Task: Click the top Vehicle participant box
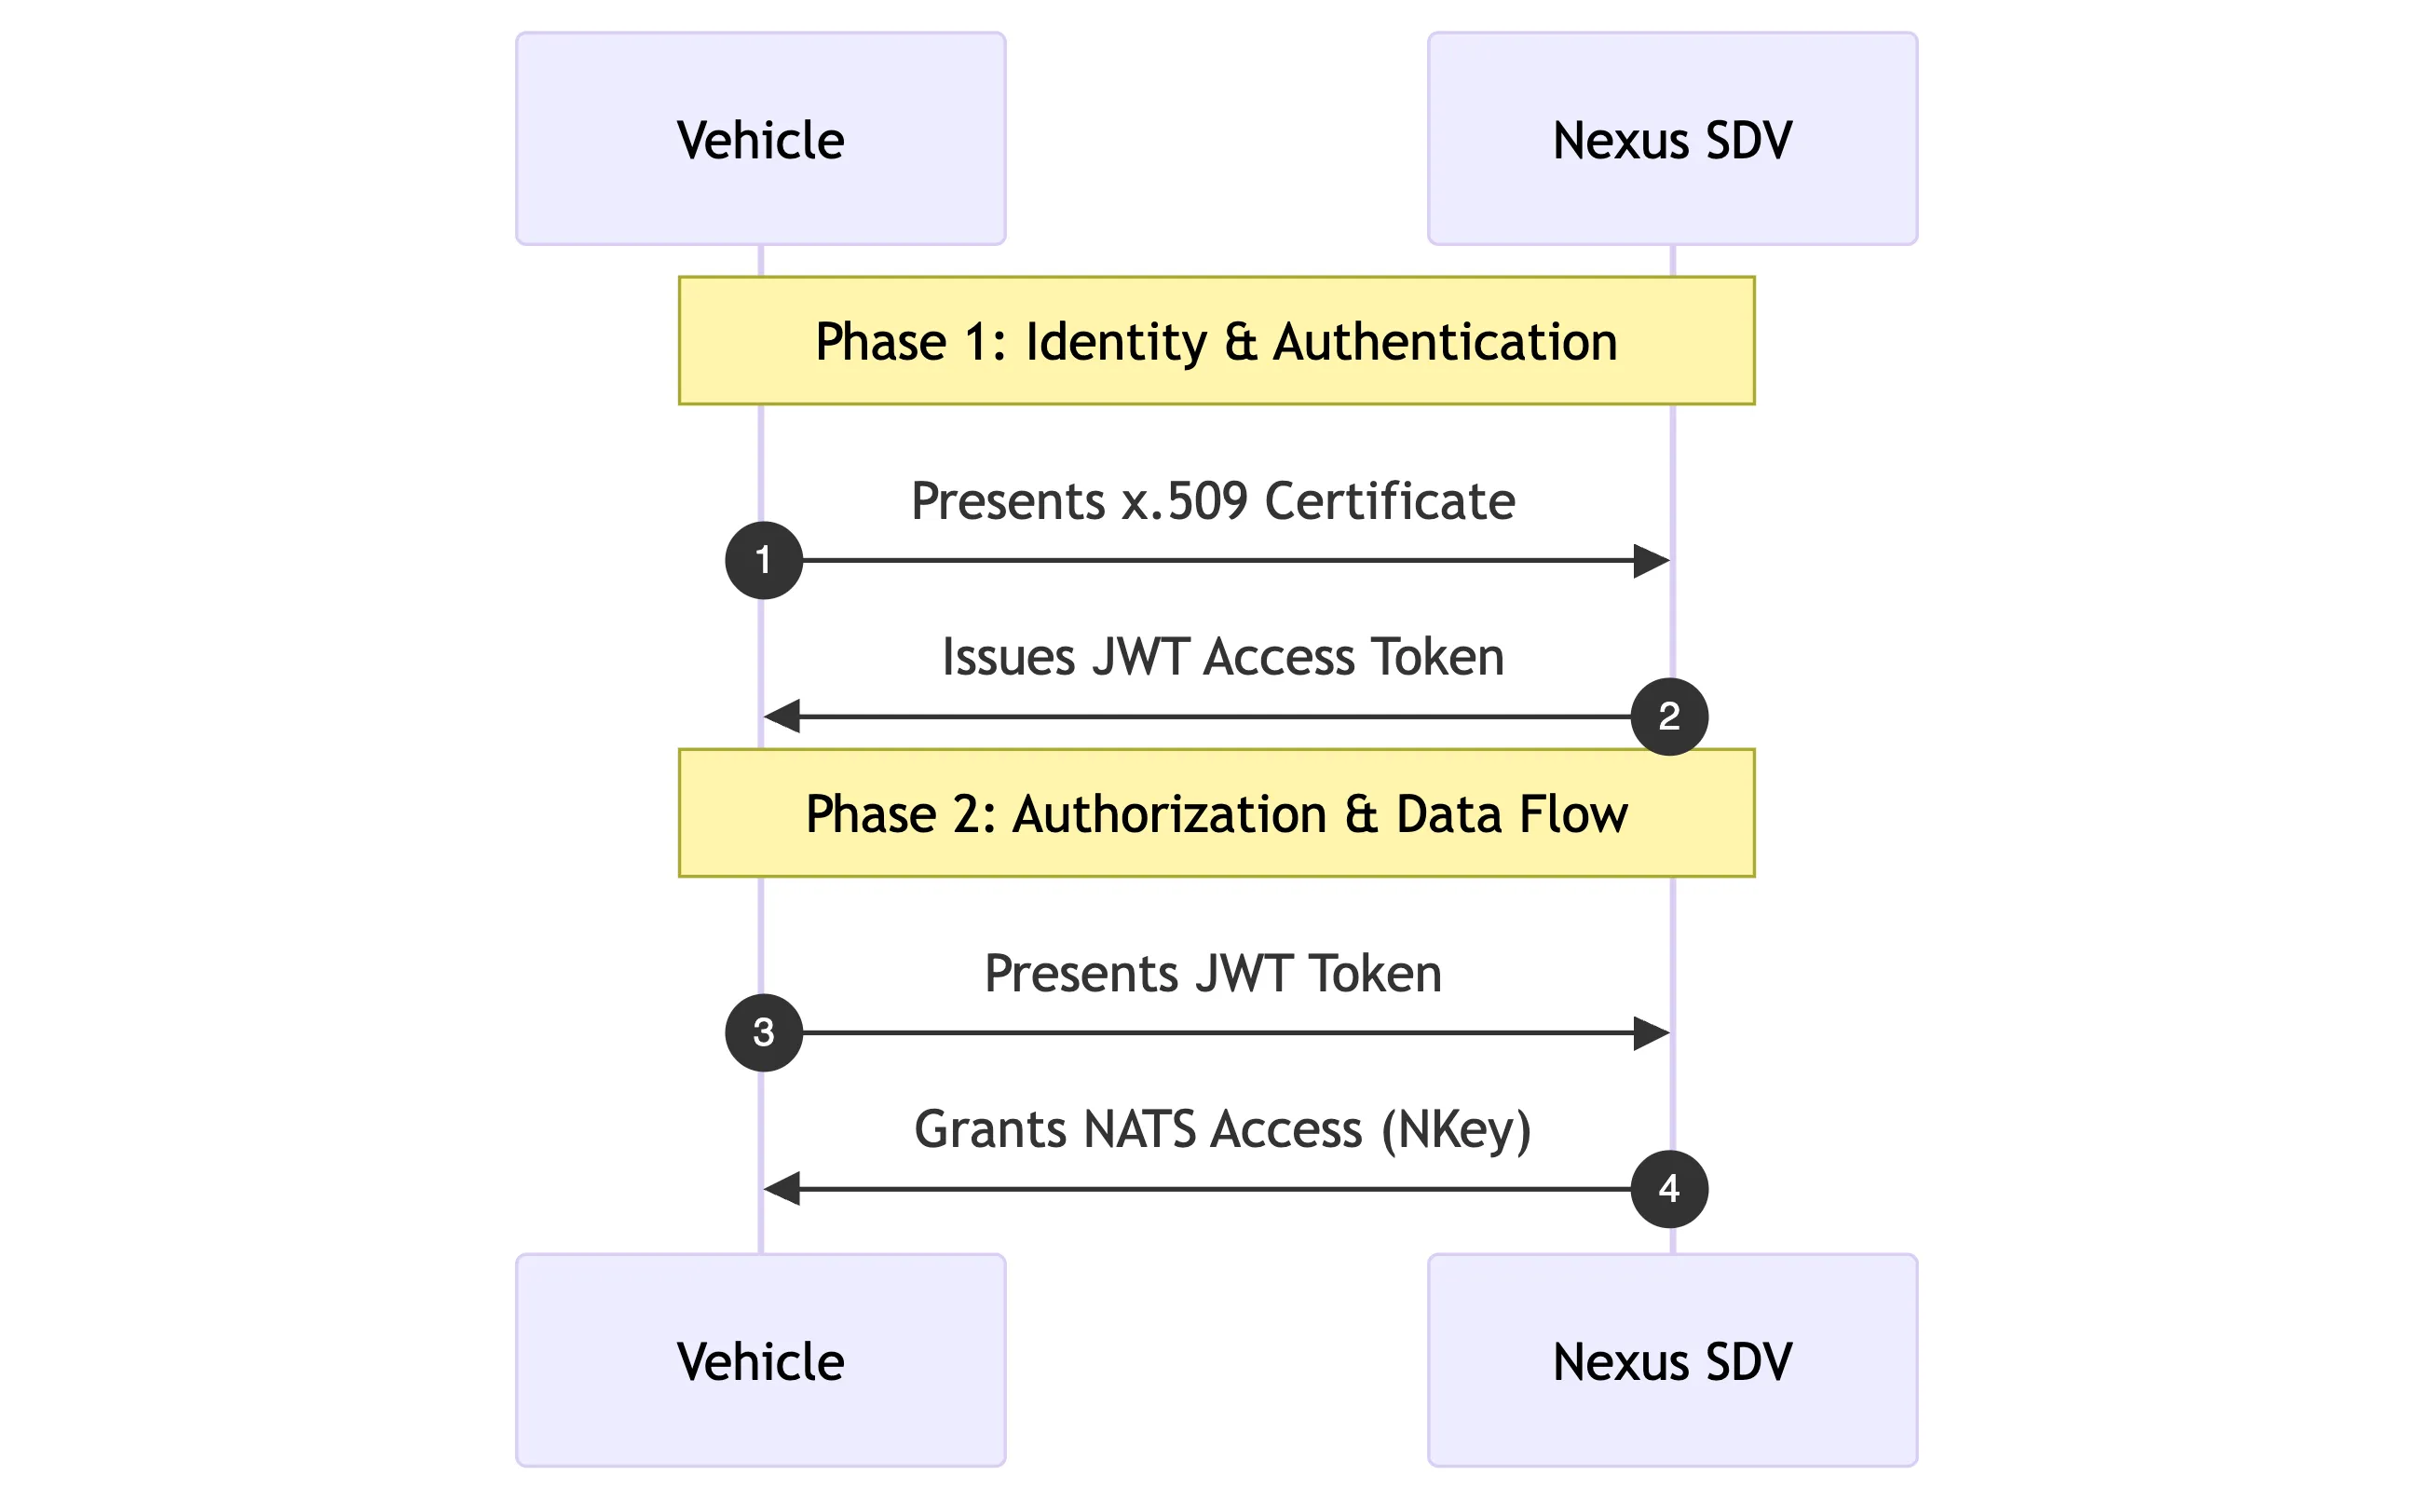coord(761,138)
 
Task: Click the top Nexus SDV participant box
coord(1672,138)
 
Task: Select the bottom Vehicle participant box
coord(761,1360)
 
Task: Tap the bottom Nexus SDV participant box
coord(1672,1360)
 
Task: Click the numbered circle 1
coord(764,560)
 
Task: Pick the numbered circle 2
coord(1669,717)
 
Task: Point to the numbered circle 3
coord(764,1032)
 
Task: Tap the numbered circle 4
coord(1669,1188)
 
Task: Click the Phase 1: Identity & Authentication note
coord(1217,341)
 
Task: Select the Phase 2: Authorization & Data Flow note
coord(1217,812)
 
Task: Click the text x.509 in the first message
coord(1185,500)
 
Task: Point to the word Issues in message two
coord(1008,657)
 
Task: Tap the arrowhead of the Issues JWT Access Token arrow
coord(782,717)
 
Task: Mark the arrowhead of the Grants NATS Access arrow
coord(782,1188)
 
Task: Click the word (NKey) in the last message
coord(1456,1129)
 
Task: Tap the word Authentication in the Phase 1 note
coord(1445,341)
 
